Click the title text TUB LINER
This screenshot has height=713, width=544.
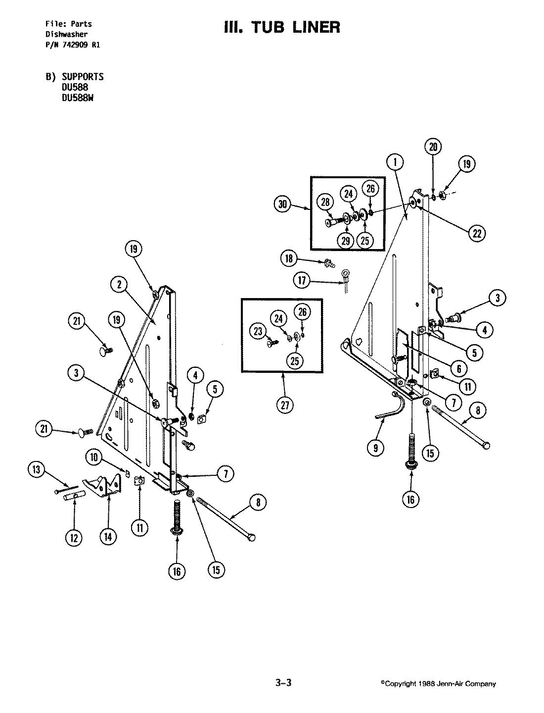(282, 27)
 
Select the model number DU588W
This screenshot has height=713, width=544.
(77, 98)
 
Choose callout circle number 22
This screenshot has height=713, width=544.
(477, 234)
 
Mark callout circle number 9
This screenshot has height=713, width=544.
(376, 448)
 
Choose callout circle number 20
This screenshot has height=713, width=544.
(433, 147)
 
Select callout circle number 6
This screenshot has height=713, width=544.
(458, 368)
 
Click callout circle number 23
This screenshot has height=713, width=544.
(259, 332)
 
